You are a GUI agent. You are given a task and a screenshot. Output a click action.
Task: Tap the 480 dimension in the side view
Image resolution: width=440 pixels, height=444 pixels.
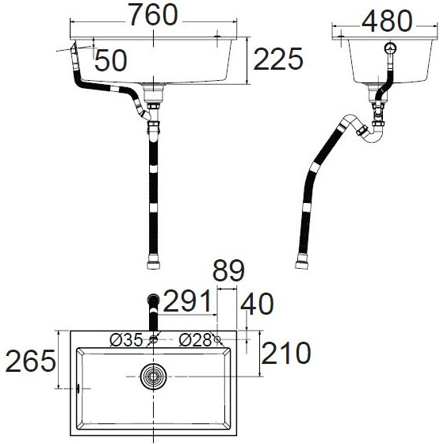[x=386, y=21]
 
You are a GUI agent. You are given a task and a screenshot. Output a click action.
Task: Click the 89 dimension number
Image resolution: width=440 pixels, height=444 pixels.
[x=228, y=273]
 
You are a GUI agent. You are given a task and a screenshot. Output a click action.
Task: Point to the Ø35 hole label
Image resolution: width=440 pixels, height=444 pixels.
[x=126, y=340]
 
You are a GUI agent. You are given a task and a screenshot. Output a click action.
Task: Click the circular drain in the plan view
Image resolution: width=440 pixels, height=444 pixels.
[x=153, y=376]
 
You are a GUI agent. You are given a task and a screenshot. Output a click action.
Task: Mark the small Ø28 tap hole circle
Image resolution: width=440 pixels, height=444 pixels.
[x=217, y=340]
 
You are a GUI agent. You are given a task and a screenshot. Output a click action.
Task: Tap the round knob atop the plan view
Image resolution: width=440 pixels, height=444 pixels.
[x=153, y=300]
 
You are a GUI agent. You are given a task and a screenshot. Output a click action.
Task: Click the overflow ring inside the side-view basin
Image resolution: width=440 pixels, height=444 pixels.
[x=388, y=49]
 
